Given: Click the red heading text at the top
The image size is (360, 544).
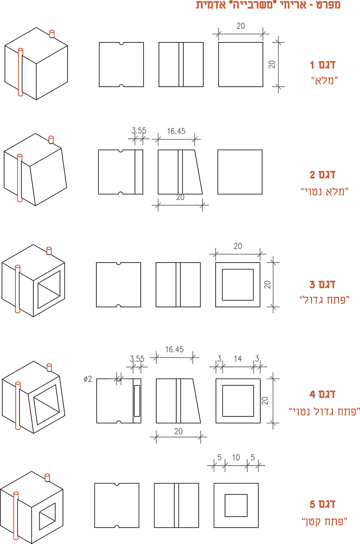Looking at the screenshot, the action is coord(268,5).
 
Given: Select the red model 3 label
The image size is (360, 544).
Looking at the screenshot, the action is coord(324,292).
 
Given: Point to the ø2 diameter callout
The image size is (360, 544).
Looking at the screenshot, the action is coord(88,379).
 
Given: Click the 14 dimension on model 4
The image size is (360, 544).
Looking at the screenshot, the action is coord(238,359).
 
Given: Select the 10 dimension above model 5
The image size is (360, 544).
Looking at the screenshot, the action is coord(236,458).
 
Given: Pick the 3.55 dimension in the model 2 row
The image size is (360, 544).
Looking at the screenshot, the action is coord(139,131).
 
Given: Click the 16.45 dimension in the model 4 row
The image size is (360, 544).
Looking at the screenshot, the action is coord(174,349).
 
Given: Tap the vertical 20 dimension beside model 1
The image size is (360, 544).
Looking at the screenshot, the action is coord(272,65).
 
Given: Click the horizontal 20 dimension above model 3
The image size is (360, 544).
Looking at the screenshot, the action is coord(238,246).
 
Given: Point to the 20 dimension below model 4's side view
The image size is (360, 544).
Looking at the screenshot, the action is coord(178,431).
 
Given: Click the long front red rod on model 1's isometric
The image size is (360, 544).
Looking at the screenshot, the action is coord(21,72).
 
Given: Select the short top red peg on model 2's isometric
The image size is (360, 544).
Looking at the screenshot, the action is coord(51,140).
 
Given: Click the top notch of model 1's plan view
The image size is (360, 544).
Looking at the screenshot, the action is coord(121,44).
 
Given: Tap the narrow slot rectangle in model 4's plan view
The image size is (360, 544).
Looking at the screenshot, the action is coord(137,401).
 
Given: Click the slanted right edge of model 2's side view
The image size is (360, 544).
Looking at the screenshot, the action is coord(199,172).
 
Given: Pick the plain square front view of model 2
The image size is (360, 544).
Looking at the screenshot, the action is coord(240,172).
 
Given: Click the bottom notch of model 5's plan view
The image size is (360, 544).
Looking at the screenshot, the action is coord(117,526).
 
